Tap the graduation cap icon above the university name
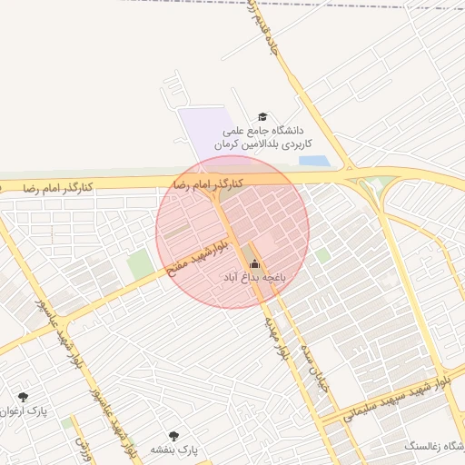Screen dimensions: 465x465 [263, 117]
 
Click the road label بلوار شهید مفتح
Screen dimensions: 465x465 [189, 260]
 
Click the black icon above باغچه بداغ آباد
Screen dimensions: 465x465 [253, 264]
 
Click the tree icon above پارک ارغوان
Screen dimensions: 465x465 [22, 396]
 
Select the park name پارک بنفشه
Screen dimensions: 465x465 [174, 450]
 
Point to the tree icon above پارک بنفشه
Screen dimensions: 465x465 [173, 435]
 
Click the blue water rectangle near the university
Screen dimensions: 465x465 [314, 161]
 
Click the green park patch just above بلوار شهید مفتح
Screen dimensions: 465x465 [140, 264]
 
